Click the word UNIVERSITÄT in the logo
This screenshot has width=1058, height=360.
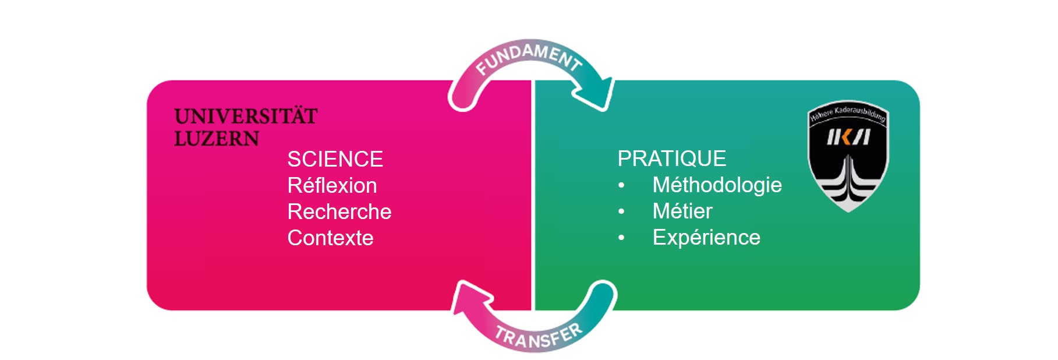coord(246,117)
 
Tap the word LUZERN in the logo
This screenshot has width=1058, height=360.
coord(217,139)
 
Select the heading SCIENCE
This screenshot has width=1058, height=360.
coord(335,159)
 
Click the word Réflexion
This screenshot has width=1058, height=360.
coord(332,185)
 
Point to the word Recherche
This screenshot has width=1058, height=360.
coord(339,211)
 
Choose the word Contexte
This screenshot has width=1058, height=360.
coord(330,238)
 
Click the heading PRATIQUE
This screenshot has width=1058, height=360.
coord(671,158)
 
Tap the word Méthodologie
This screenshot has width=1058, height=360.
coord(717,185)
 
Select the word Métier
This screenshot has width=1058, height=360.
coord(682,211)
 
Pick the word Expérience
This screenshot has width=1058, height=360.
coord(706,237)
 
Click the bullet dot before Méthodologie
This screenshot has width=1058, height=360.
coord(621,186)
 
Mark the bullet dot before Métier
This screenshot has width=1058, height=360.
coord(621,212)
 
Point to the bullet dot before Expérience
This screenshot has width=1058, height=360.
coord(621,238)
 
